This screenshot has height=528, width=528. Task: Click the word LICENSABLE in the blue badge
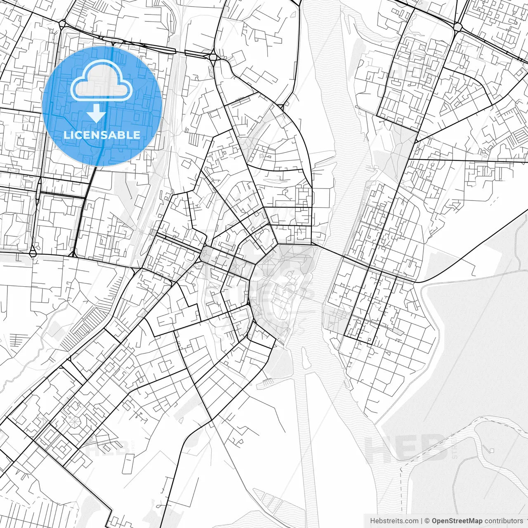coord(101,135)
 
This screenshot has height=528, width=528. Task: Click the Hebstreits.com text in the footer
coord(394,521)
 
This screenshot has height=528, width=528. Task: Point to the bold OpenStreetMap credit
coord(457,521)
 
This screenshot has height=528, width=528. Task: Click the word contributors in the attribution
coord(504,521)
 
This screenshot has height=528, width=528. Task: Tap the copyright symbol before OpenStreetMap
coord(427,521)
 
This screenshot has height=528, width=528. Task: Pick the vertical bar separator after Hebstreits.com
coord(422,521)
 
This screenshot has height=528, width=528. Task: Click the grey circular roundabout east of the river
coord(457,27)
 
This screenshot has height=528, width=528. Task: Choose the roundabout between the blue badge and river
coord(213,57)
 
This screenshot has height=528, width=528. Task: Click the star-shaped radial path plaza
coord(74,421)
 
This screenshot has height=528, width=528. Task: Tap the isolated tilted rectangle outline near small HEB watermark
coord(129,460)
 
